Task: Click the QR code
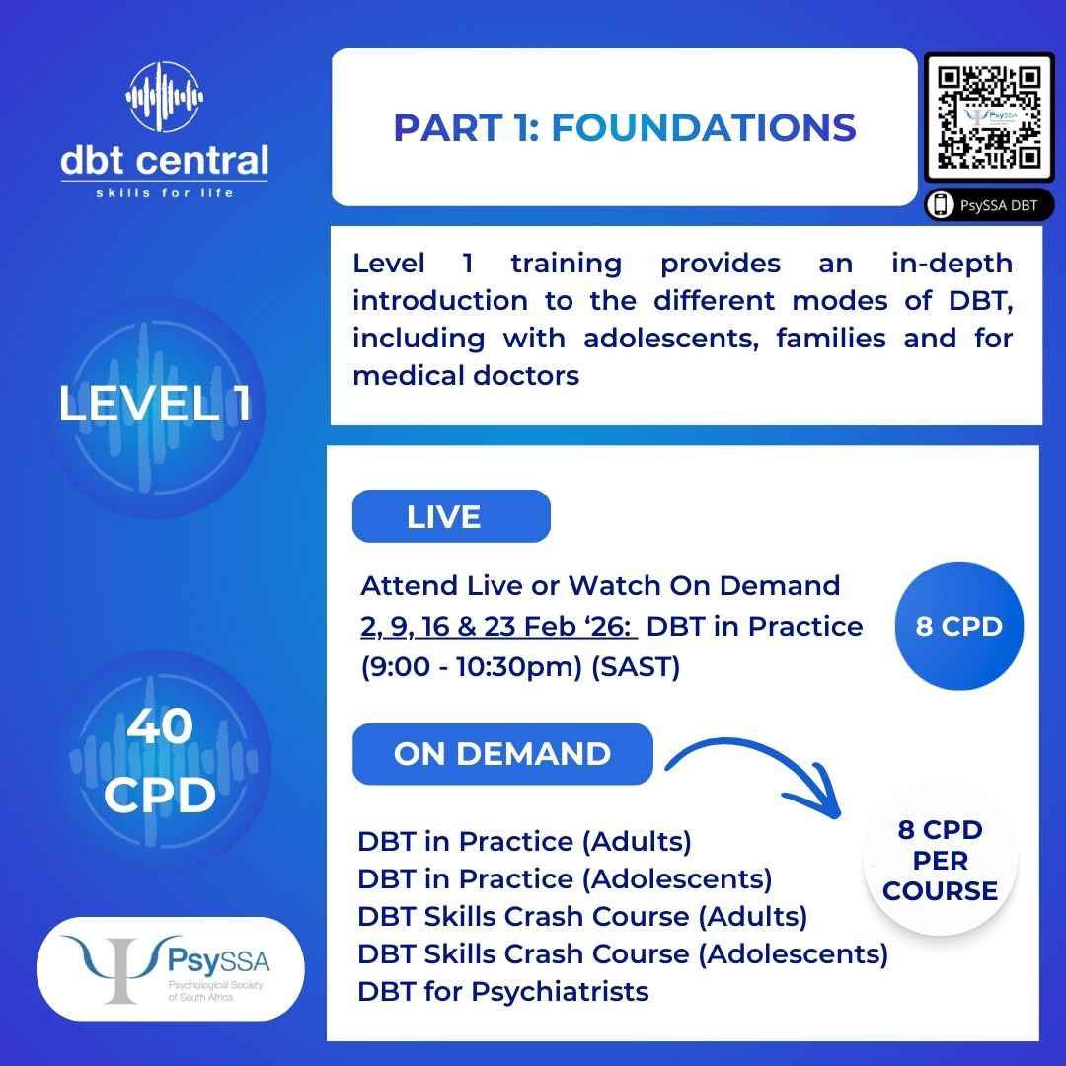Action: [x=989, y=117]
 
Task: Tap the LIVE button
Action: [x=451, y=516]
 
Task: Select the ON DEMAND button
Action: [x=502, y=753]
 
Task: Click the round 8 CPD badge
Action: [x=958, y=626]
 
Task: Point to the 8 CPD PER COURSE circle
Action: [x=940, y=860]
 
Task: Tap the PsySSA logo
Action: [x=170, y=968]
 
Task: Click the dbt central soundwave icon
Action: [x=165, y=97]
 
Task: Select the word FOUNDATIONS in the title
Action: [x=703, y=127]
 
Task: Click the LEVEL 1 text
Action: [x=155, y=403]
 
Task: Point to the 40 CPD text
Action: [x=160, y=759]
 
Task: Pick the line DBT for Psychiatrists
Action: [x=503, y=991]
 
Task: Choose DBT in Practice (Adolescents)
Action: [x=565, y=879]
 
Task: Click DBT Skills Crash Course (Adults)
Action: [x=582, y=916]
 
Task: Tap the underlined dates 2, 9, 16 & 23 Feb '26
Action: [x=497, y=626]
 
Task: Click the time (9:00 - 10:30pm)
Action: [x=472, y=667]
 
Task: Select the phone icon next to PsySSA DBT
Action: [x=941, y=204]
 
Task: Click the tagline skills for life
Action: [x=165, y=193]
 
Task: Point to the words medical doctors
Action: [x=466, y=375]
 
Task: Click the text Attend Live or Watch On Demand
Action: [x=600, y=585]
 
